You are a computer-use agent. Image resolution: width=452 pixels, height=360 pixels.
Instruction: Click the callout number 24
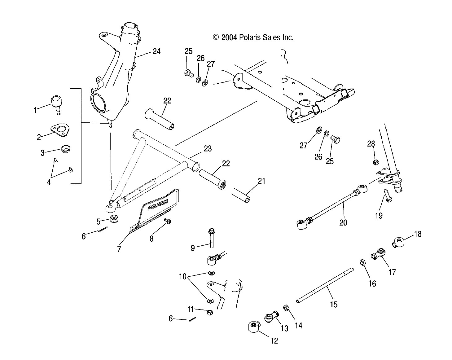[156, 51]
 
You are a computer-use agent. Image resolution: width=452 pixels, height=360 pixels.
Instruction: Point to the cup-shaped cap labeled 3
[65, 149]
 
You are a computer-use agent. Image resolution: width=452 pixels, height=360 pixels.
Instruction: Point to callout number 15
[333, 305]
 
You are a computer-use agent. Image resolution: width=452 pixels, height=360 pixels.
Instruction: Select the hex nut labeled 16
[362, 263]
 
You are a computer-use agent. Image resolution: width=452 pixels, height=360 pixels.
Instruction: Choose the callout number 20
[343, 222]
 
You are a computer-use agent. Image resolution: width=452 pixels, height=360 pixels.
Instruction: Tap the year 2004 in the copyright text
[229, 37]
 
